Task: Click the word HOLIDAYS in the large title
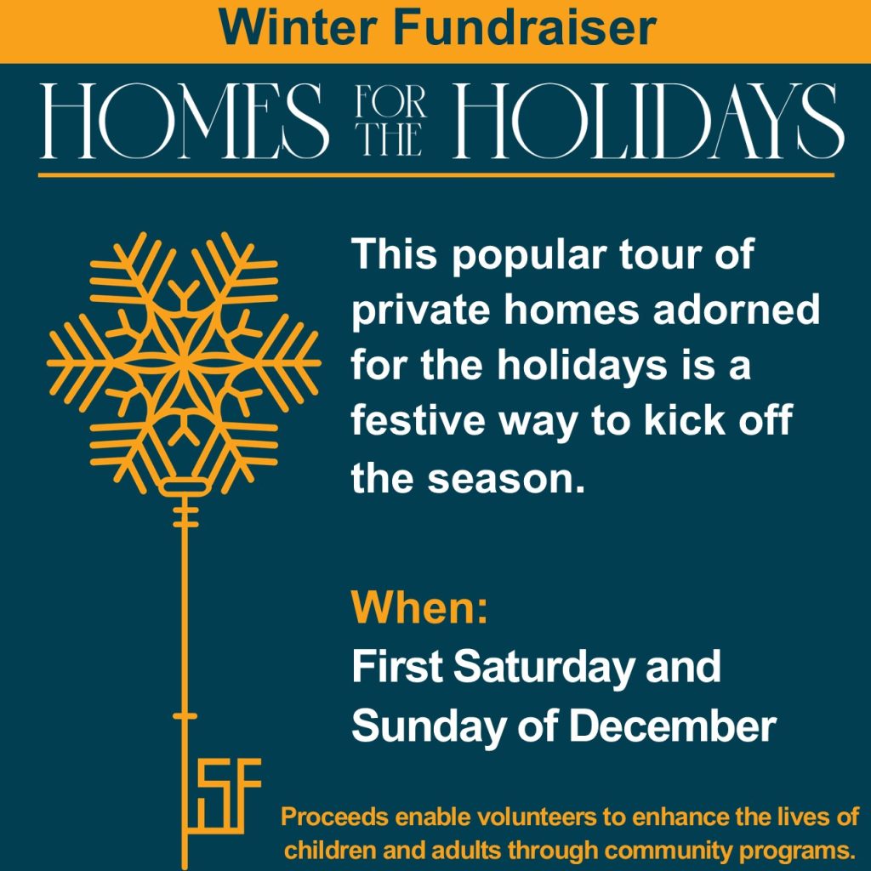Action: click(x=649, y=121)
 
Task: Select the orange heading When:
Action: click(x=420, y=607)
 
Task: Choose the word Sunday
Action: click(x=428, y=726)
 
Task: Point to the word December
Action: click(x=674, y=726)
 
